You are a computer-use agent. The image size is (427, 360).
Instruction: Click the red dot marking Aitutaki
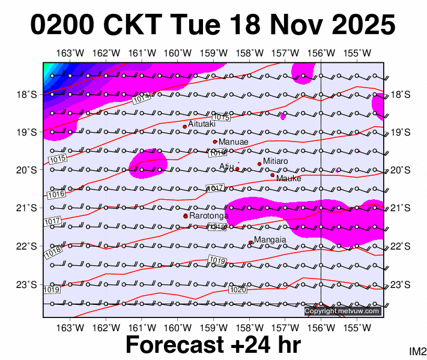coord(185,127)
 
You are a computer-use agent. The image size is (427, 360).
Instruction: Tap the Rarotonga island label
coord(210,215)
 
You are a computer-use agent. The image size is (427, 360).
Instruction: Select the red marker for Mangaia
coord(250,242)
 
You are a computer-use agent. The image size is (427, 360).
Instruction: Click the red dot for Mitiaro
coord(259,164)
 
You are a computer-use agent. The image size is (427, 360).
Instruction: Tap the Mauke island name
coord(289,178)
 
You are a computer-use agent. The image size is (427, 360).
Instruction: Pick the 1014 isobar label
coord(141,99)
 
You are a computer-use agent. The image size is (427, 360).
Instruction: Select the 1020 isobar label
coord(238,290)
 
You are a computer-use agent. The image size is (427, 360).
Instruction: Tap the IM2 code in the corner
coord(417,351)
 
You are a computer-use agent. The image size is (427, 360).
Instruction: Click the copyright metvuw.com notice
coord(342,311)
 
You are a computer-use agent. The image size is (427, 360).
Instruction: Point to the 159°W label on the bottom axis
coord(214,327)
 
